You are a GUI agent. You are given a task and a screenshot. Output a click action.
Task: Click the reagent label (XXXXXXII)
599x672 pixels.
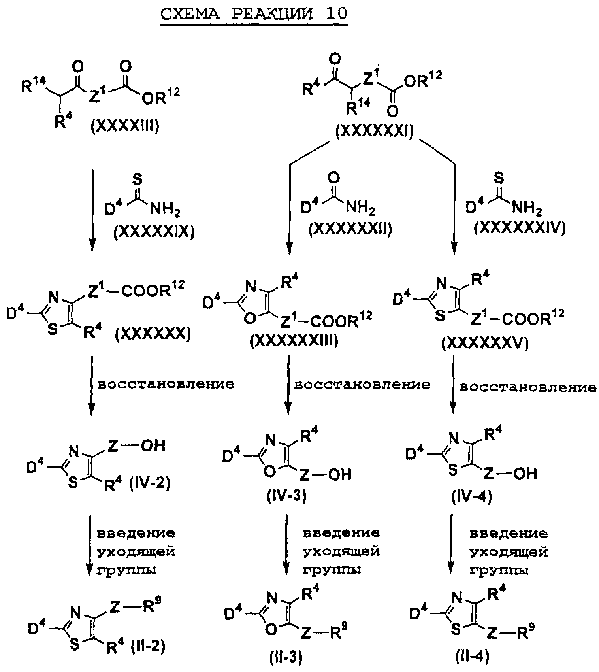[351, 229]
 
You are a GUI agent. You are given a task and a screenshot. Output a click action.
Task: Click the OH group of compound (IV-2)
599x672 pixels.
[153, 445]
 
